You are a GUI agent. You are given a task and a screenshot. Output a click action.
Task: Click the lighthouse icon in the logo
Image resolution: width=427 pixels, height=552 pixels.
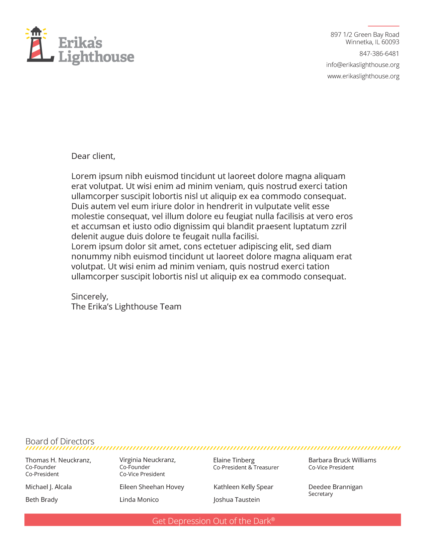(x=38, y=45)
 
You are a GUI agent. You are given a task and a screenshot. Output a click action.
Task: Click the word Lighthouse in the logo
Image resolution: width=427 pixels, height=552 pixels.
(x=96, y=57)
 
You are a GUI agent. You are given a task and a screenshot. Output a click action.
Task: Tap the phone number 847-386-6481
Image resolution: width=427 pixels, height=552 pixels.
(x=379, y=54)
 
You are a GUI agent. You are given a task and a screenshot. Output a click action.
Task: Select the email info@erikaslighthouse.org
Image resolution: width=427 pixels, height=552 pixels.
(x=362, y=65)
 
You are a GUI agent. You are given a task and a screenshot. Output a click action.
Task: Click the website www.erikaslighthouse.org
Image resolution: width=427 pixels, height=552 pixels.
(x=363, y=76)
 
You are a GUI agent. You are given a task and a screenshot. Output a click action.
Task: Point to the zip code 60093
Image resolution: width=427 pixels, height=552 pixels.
(x=390, y=42)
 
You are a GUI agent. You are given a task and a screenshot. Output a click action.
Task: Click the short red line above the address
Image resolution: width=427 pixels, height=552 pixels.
(x=383, y=26)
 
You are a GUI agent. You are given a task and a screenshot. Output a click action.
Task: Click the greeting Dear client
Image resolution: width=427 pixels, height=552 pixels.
(x=93, y=156)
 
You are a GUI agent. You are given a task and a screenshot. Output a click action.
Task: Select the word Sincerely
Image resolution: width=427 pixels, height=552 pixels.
(x=89, y=297)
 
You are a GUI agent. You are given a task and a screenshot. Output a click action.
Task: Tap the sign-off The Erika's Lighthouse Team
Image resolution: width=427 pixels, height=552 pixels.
(x=126, y=307)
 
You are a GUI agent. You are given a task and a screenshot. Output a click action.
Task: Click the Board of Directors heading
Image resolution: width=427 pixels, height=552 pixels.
(x=60, y=441)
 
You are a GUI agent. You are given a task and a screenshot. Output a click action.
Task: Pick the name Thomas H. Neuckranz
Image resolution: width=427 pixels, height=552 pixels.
(x=58, y=460)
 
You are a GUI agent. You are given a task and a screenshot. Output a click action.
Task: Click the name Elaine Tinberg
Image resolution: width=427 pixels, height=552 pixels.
(x=234, y=460)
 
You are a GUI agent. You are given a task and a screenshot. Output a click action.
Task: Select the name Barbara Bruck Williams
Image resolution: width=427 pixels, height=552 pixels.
(x=342, y=460)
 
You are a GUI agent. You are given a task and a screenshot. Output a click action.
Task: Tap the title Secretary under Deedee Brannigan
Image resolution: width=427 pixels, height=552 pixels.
(x=320, y=494)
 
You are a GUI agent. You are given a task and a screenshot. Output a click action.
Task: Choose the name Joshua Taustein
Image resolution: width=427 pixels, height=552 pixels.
(x=236, y=500)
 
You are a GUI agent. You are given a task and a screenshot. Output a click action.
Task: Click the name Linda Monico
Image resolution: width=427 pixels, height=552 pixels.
(x=139, y=500)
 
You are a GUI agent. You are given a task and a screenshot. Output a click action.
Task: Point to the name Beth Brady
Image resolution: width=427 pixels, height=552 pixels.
(x=41, y=500)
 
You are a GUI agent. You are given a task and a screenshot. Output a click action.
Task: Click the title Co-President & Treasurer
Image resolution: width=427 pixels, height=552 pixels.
(x=246, y=468)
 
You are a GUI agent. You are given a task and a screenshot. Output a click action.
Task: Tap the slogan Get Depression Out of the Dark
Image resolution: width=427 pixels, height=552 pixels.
(x=213, y=521)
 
